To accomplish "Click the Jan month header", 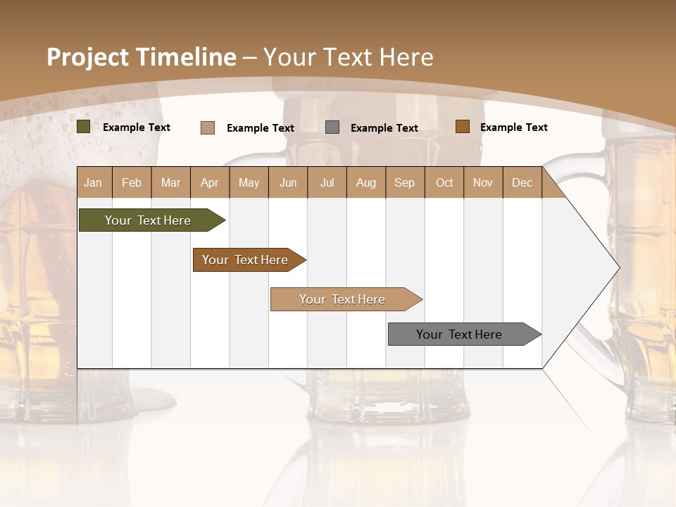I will pos(94,182).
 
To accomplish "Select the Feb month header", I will pos(132,182).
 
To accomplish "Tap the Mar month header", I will pos(170,182).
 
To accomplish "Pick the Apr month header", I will pos(210,182).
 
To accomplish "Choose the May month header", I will pos(249,182).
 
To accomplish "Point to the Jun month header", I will pos(288,182).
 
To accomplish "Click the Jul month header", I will pos(327,182).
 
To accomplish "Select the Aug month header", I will pos(366,182).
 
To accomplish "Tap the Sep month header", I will pos(405,182).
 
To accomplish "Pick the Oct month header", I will pos(444,182).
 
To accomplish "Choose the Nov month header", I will pos(483,182).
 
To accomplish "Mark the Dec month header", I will pos(522,182).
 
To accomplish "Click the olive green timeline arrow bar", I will pos(148,220).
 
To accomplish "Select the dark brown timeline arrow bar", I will pos(246,260).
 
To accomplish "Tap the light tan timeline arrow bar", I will pos(343,299).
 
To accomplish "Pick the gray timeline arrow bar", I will pos(460,334).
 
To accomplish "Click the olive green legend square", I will pos(84,127).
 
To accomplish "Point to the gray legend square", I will pos(332,127).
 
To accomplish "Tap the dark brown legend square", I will pos(462,127).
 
